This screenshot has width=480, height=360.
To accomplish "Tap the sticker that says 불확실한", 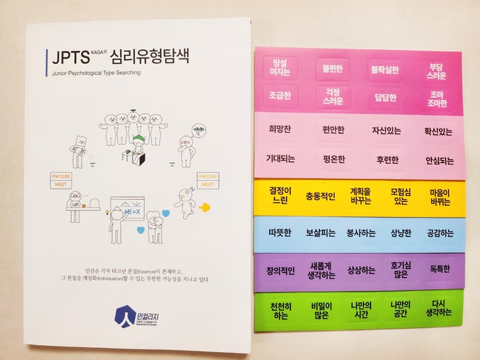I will point(386,68).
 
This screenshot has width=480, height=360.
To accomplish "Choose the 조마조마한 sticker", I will point(438,98).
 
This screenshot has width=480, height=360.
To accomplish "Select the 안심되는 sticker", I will point(438,160).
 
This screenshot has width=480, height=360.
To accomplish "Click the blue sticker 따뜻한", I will point(279,233).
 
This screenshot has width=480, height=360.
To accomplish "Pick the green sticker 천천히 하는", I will point(280,309).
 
